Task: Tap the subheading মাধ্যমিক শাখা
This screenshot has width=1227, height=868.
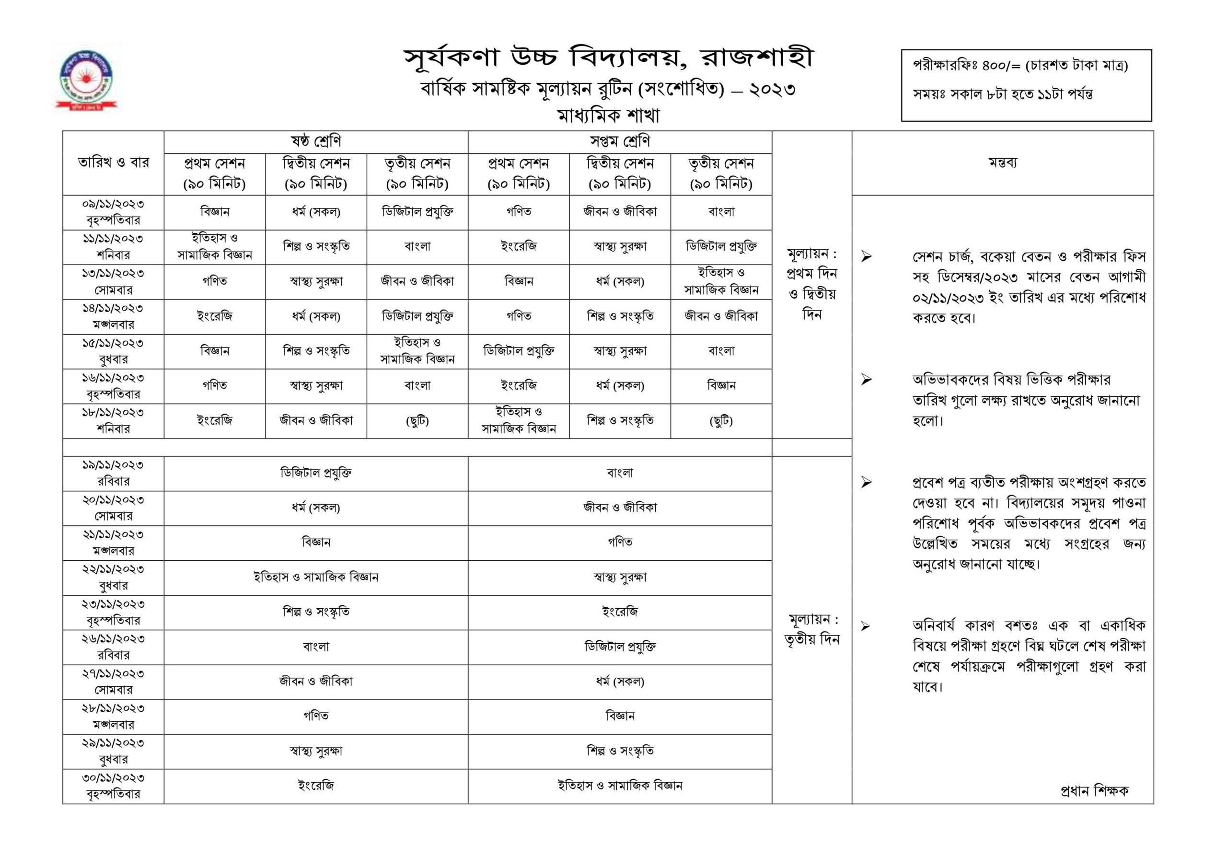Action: [608, 116]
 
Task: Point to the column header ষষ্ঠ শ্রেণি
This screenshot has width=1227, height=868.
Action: [315, 142]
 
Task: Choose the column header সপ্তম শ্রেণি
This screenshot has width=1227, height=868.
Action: [619, 142]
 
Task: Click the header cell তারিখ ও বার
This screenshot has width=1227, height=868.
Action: [113, 162]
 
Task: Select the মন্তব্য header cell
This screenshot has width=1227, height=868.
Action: [1002, 162]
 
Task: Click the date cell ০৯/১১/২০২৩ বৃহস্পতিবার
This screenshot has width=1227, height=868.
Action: [113, 212]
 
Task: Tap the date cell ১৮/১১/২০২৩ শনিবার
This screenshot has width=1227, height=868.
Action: [113, 421]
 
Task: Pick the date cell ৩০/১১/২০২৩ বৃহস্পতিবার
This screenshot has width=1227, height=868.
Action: [113, 786]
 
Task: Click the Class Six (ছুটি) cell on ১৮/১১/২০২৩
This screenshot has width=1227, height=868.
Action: [417, 421]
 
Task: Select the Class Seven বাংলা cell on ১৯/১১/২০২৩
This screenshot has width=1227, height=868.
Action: [619, 473]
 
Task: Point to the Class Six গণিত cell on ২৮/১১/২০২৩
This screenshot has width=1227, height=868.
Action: [315, 716]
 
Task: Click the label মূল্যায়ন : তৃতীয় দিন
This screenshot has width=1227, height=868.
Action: [812, 630]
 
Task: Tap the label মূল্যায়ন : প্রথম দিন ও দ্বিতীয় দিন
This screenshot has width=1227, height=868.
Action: [812, 284]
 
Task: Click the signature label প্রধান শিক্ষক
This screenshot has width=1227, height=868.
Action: [1094, 790]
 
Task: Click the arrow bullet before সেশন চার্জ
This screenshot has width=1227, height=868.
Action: [866, 257]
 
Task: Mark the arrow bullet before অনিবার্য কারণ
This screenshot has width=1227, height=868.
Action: [866, 626]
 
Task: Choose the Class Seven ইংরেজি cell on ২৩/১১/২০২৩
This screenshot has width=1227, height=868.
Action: [619, 612]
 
